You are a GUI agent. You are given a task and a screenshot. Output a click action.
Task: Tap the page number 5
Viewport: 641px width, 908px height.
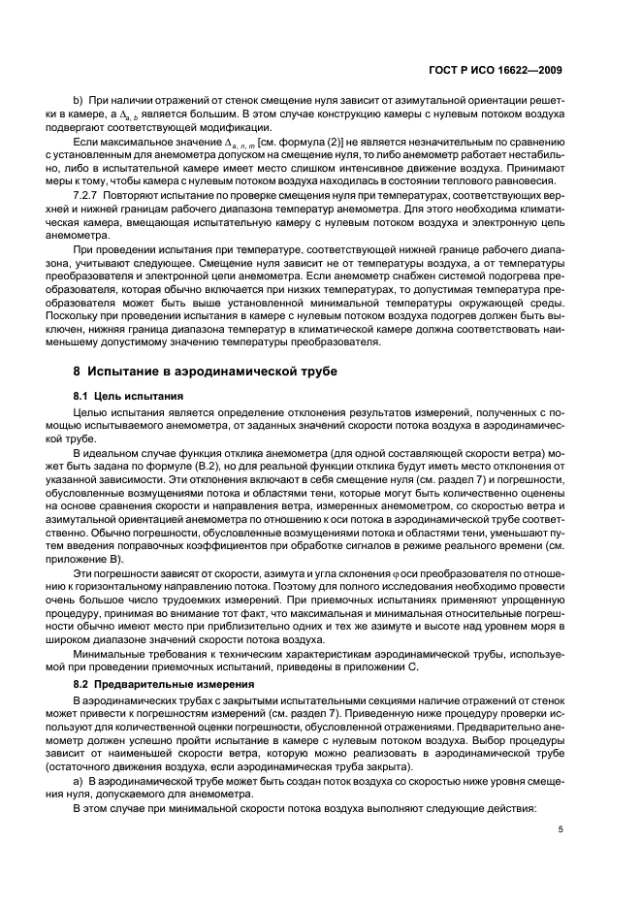(x=560, y=828)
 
